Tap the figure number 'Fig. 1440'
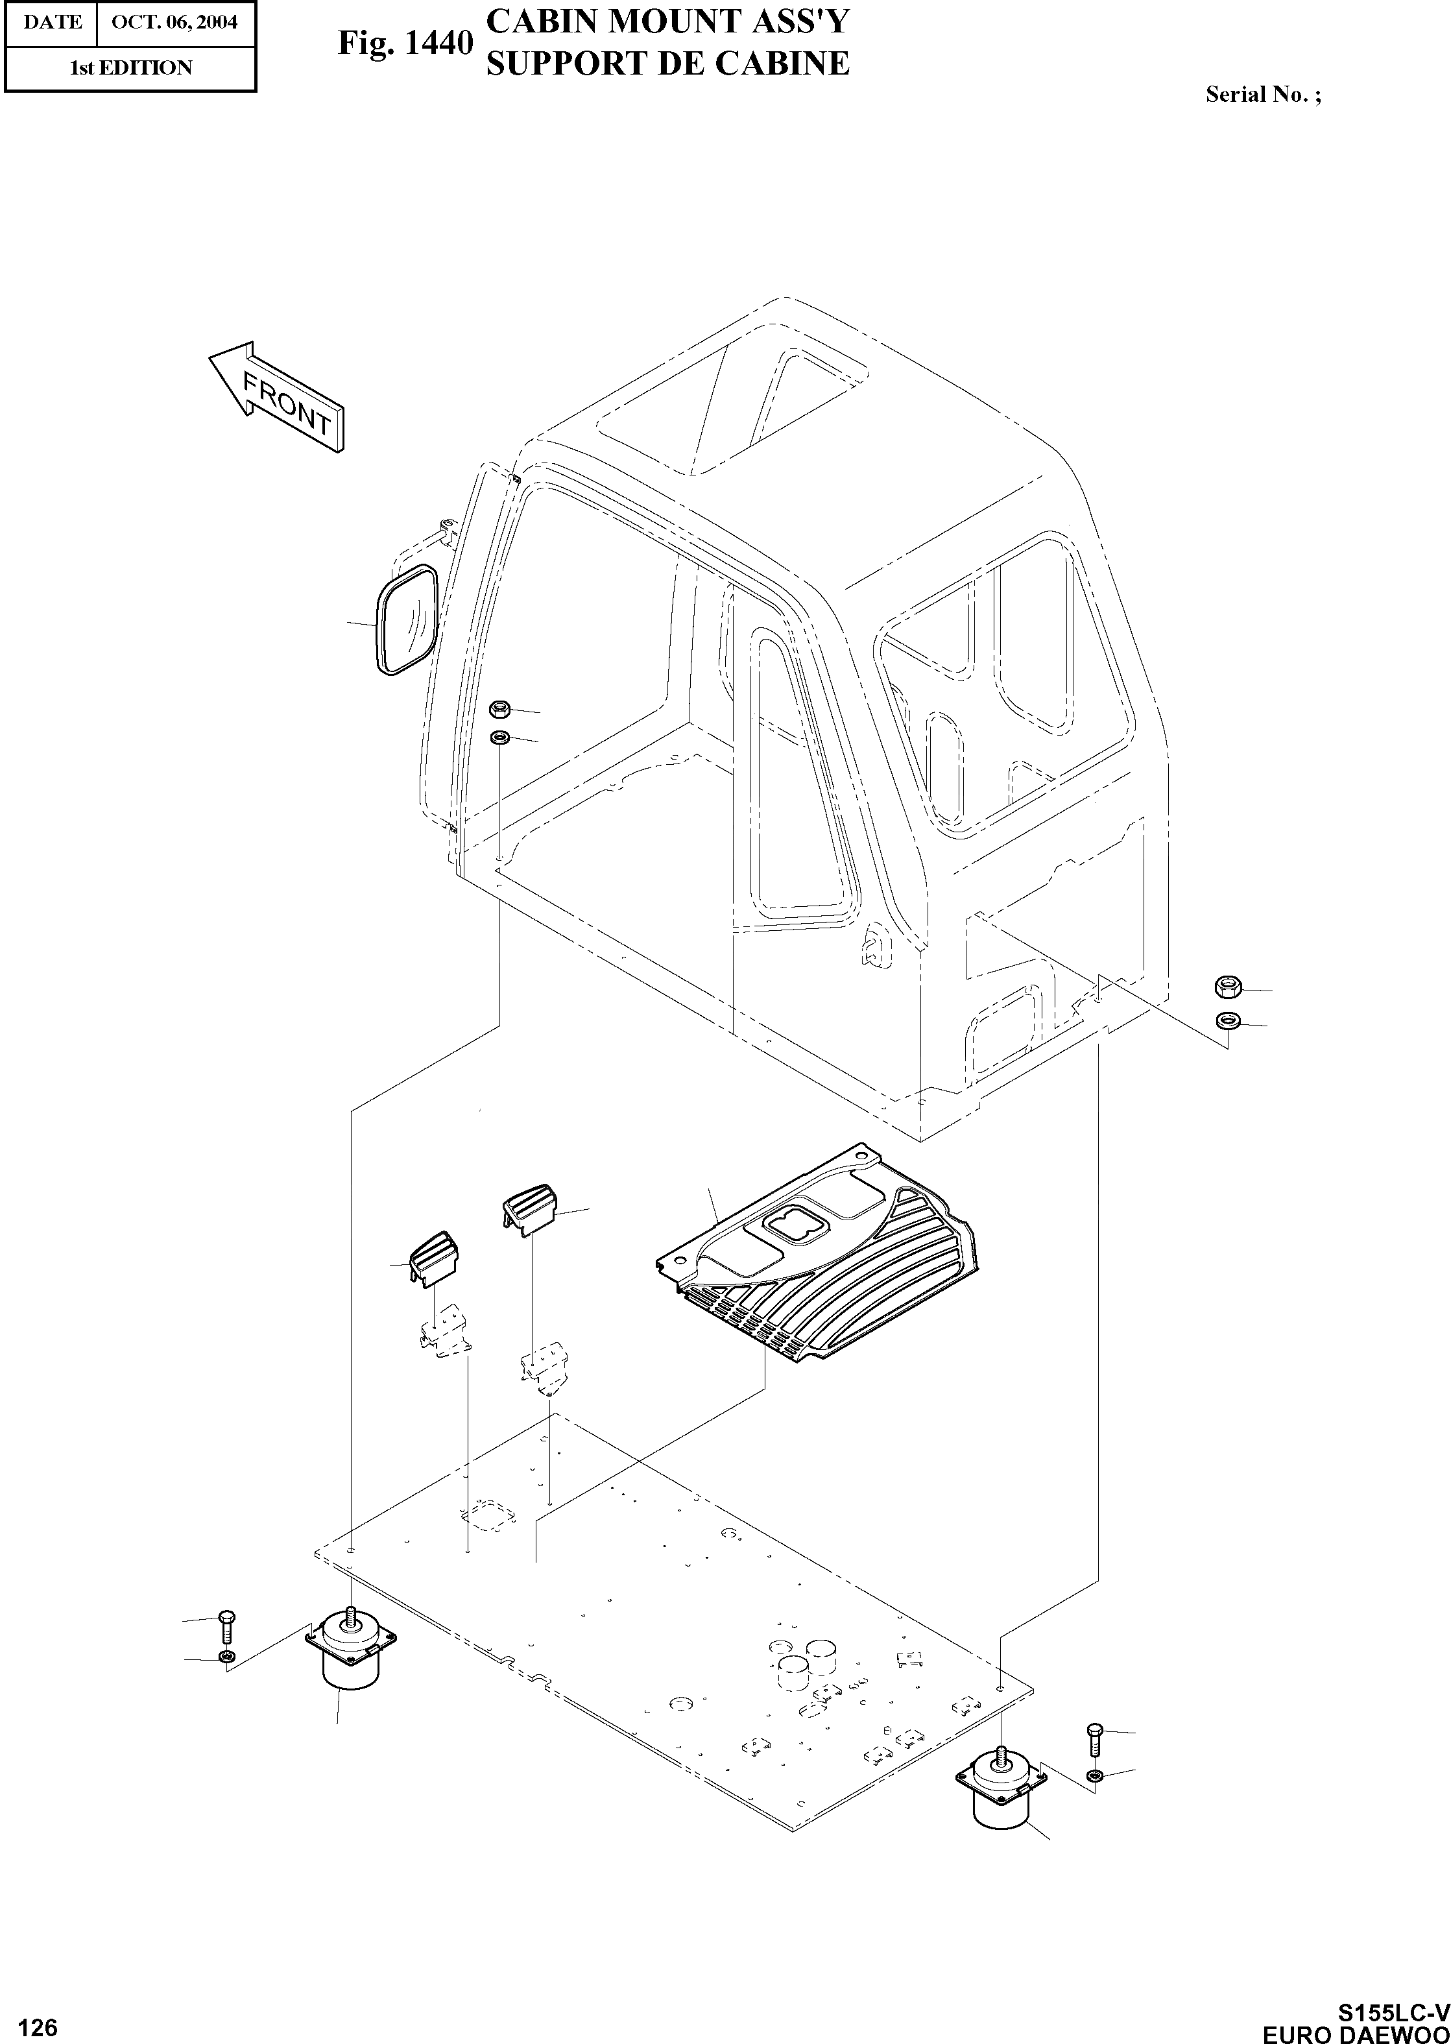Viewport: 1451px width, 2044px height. [x=405, y=43]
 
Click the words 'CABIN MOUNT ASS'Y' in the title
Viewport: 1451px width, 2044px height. [x=667, y=22]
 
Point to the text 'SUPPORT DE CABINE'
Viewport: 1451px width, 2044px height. [x=667, y=64]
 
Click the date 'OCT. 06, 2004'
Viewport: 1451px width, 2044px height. [x=175, y=21]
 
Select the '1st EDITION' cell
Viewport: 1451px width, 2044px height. [x=130, y=68]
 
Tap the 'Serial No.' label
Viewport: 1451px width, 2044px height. [x=1262, y=95]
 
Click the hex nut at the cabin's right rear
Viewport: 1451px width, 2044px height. [x=1226, y=987]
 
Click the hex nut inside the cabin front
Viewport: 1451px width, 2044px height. [x=499, y=709]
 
